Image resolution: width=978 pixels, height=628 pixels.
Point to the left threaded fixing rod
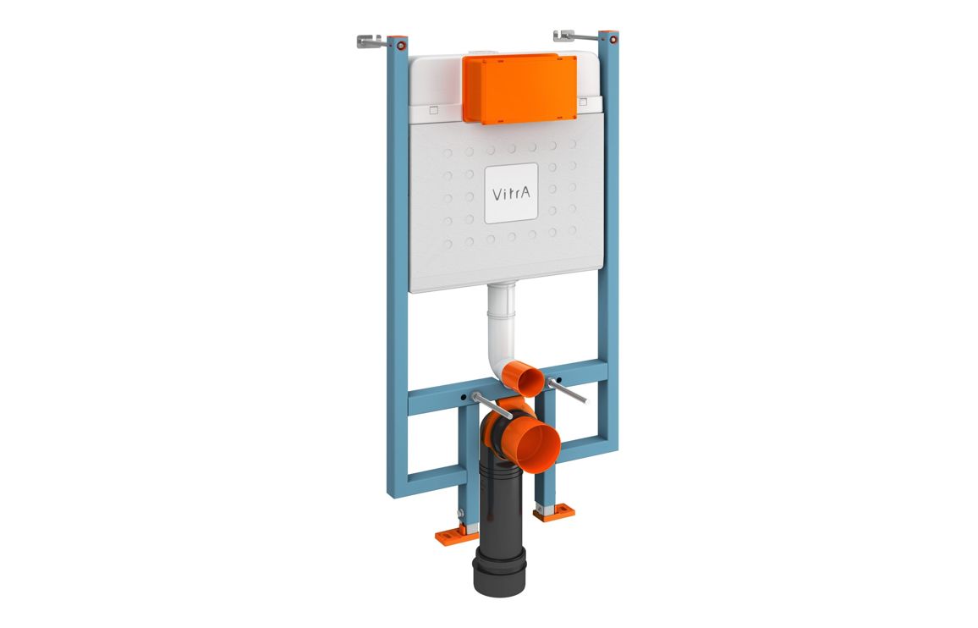tap(492, 405)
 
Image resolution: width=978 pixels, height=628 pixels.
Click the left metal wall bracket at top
tap(370, 41)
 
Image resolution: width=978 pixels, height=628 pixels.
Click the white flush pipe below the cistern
tap(503, 330)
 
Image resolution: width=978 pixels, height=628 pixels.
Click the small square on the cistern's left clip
tap(432, 109)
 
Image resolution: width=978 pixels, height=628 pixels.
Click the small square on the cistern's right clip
tap(583, 102)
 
